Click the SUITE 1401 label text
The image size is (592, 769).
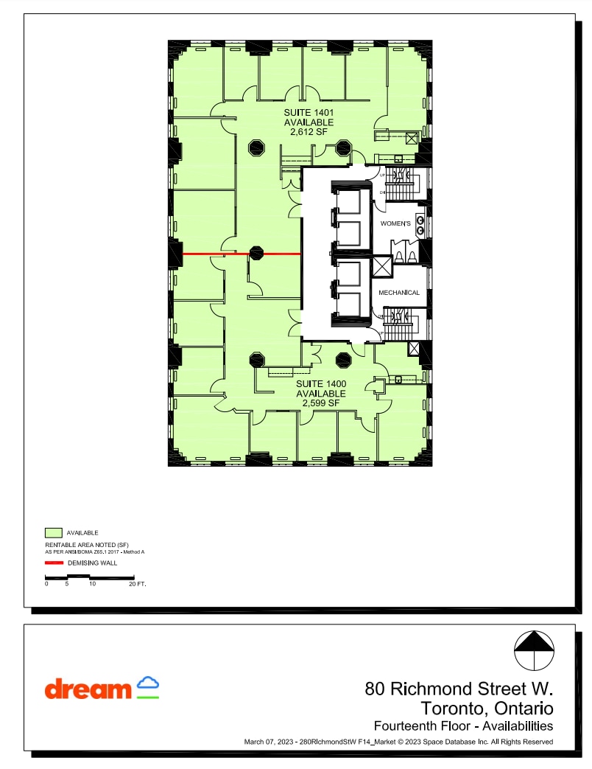tap(309, 113)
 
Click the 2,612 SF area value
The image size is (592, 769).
tap(309, 132)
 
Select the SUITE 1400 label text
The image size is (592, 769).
tap(321, 384)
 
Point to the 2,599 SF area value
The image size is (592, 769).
tap(321, 403)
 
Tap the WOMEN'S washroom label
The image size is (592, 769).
tap(395, 223)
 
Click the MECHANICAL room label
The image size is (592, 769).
tap(399, 293)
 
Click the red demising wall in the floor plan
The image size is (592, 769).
tap(214, 254)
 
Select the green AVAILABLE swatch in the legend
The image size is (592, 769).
tap(53, 532)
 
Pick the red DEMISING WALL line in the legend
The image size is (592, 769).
tap(53, 563)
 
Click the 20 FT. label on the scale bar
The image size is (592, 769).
tap(138, 583)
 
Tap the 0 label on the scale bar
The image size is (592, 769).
tap(46, 583)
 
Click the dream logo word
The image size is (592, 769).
tap(88, 689)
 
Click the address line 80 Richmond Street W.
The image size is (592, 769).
tap(459, 689)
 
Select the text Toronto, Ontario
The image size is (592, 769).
tap(487, 709)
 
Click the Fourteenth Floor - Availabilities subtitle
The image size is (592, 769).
tap(463, 726)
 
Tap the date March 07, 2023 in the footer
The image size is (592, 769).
tap(270, 742)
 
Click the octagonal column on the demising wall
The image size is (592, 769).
tap(256, 254)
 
